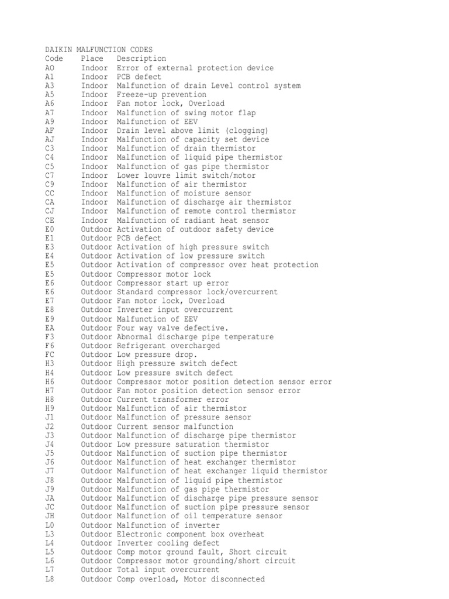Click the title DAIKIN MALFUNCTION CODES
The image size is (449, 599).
99,50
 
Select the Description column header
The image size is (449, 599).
141,58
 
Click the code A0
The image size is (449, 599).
49,68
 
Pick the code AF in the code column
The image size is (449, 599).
49,130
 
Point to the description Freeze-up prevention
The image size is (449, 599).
161,95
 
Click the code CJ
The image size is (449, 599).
49,211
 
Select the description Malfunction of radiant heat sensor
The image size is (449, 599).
193,220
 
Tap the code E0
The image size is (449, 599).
49,229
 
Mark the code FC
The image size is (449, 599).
49,354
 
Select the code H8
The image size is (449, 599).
49,400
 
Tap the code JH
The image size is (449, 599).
49,516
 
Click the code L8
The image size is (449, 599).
49,579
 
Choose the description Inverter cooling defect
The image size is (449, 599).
166,543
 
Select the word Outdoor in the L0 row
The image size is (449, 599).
96,525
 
